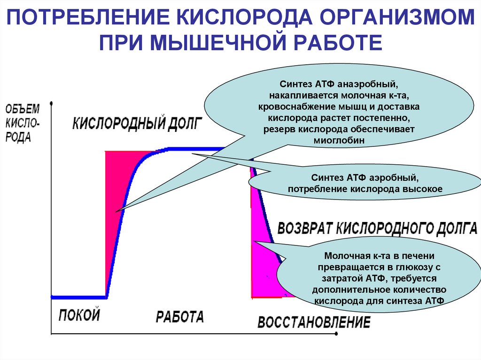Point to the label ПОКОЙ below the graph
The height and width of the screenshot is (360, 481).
79,314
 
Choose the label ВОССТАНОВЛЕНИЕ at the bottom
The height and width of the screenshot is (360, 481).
314,322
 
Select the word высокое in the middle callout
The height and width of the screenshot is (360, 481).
423,189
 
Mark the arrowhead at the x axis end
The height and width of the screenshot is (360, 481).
336,334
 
